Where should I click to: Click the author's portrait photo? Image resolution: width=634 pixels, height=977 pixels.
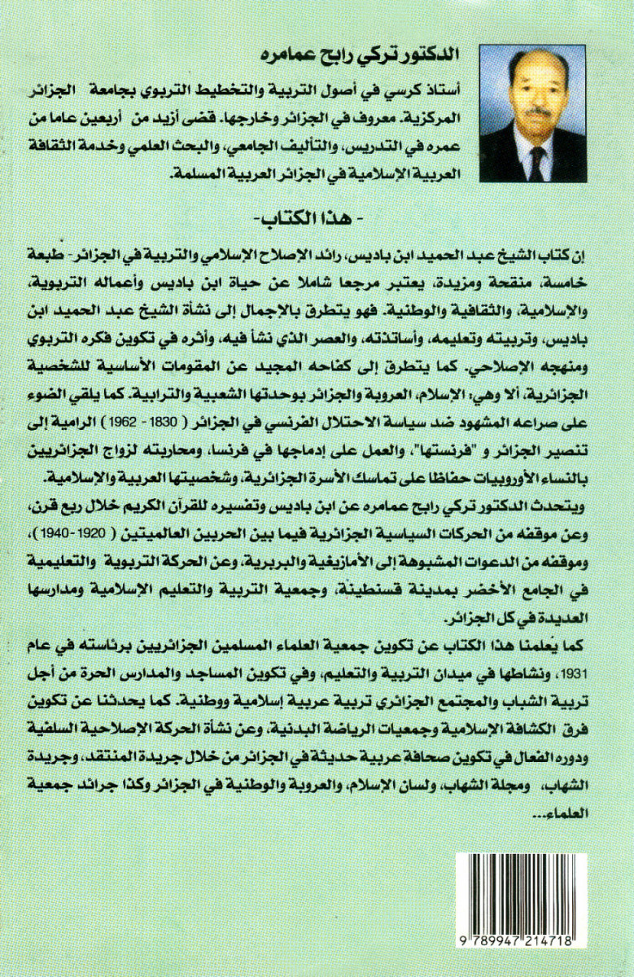[x=533, y=113]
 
